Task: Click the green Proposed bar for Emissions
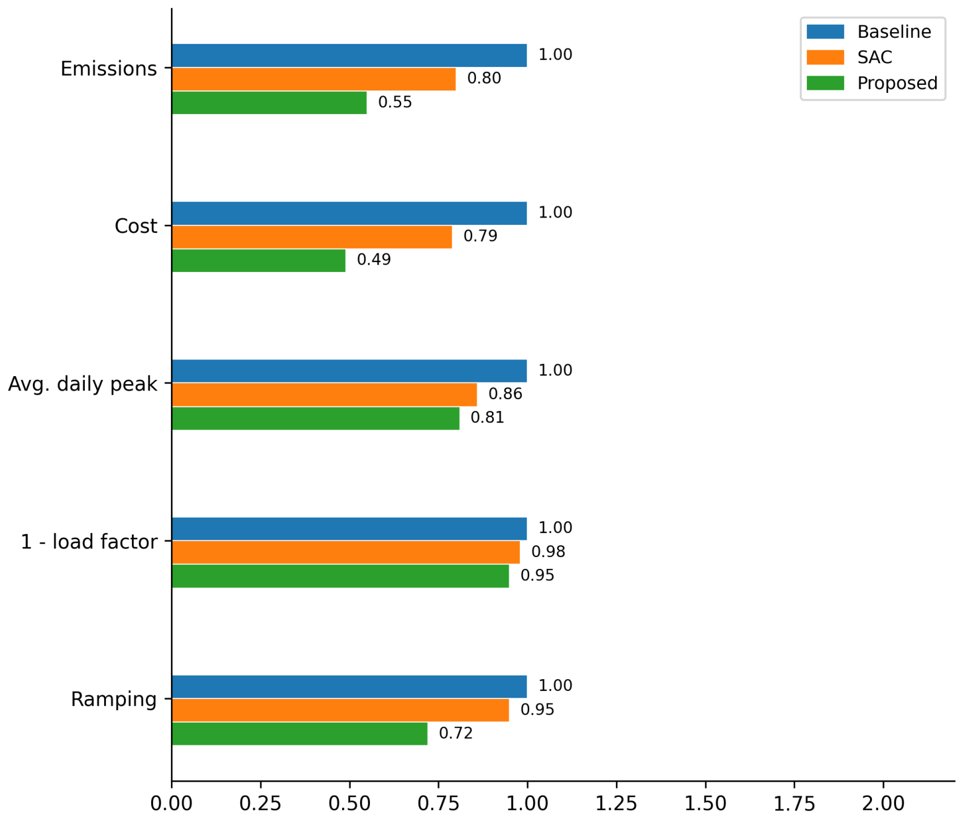(269, 102)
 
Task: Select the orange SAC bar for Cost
(312, 237)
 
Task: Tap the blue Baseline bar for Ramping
(350, 686)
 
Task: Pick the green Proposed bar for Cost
(258, 260)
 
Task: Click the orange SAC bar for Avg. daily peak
(324, 395)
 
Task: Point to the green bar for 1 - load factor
(340, 576)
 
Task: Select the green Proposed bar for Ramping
(299, 734)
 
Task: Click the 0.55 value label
(395, 102)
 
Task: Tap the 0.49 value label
(374, 260)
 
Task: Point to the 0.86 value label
(505, 394)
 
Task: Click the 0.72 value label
(455, 733)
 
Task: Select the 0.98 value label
(548, 552)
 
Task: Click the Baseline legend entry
(869, 32)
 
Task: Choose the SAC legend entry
(850, 57)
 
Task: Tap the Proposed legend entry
(872, 84)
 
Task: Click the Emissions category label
(108, 69)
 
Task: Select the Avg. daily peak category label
(83, 384)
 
